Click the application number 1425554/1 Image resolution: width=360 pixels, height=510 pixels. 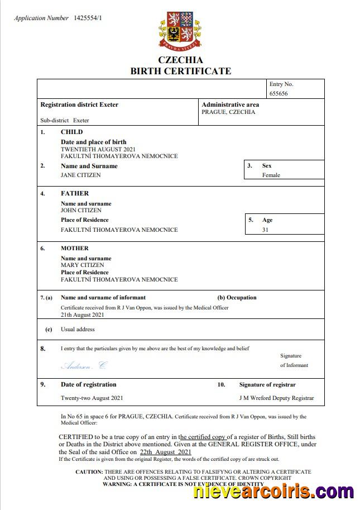click(88, 18)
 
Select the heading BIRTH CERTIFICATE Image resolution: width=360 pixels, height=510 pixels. click(180, 71)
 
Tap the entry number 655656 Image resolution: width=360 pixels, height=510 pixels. click(279, 94)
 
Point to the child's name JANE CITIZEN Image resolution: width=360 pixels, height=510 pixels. click(81, 175)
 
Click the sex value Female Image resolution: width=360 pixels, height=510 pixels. click(271, 175)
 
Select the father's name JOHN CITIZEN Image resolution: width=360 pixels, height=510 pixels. click(81, 211)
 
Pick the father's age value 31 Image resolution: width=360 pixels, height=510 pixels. click(266, 230)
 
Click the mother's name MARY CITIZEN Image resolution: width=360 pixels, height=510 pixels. click(82, 265)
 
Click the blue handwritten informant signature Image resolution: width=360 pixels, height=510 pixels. click(83, 366)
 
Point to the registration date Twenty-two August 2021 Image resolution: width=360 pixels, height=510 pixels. click(92, 398)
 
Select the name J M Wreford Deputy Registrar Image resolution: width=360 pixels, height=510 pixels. click(276, 398)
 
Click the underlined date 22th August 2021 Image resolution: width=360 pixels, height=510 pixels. click(166, 452)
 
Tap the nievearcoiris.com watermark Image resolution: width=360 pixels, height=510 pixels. click(273, 492)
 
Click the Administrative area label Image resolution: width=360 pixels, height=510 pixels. click(230, 104)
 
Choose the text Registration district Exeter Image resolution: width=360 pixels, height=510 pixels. click(79, 104)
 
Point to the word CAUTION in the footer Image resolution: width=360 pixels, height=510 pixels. click(89, 472)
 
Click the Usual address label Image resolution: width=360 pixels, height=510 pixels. click(78, 330)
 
